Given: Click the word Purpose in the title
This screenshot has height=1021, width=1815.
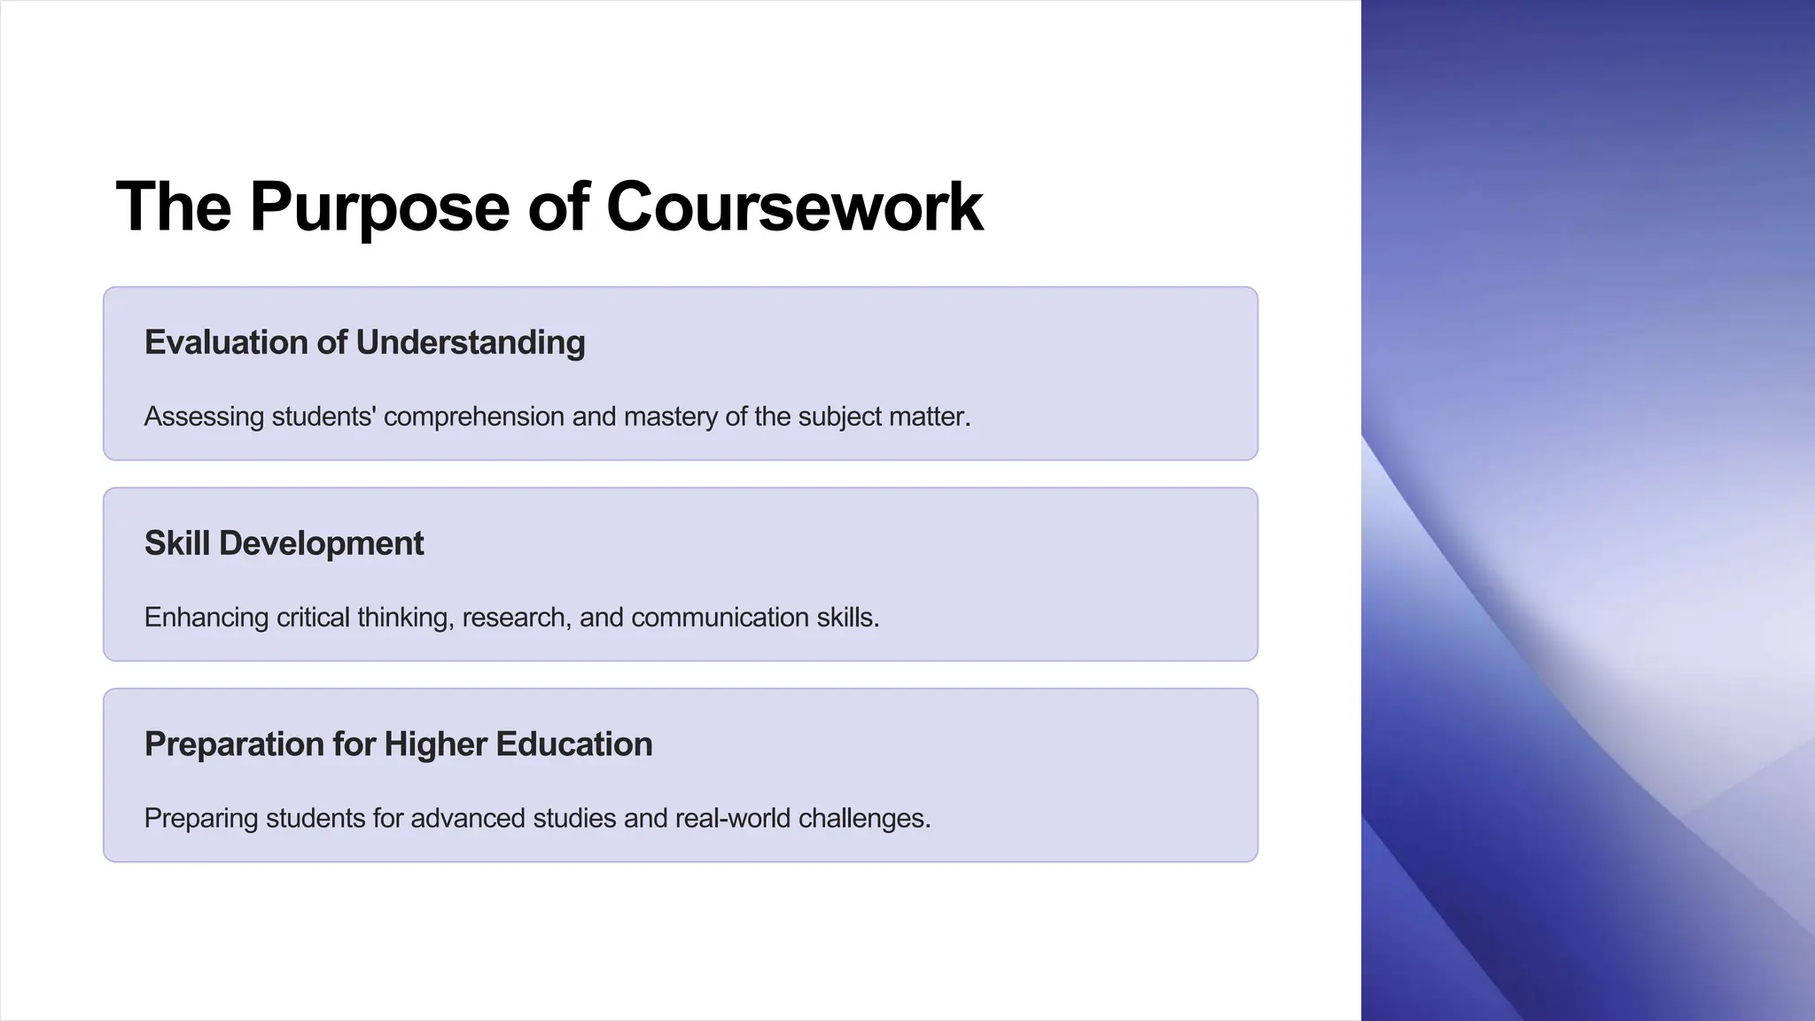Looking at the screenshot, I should coord(379,207).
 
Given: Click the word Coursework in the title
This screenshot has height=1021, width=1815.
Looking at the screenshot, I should coord(794,207).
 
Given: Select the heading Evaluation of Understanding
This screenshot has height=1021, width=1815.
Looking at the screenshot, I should coord(364,343).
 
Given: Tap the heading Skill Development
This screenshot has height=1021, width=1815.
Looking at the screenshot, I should coord(284,543).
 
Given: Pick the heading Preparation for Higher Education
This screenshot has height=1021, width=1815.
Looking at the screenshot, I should coord(398,744).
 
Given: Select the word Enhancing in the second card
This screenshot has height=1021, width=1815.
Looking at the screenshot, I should coord(206,618).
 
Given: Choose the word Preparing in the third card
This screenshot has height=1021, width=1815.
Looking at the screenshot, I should coord(201,818).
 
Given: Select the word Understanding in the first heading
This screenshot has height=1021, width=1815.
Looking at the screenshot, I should coord(470,343).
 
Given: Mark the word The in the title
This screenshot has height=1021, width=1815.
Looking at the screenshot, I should coord(174,207).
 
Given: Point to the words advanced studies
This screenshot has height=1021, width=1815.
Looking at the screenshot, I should coord(513,818).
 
